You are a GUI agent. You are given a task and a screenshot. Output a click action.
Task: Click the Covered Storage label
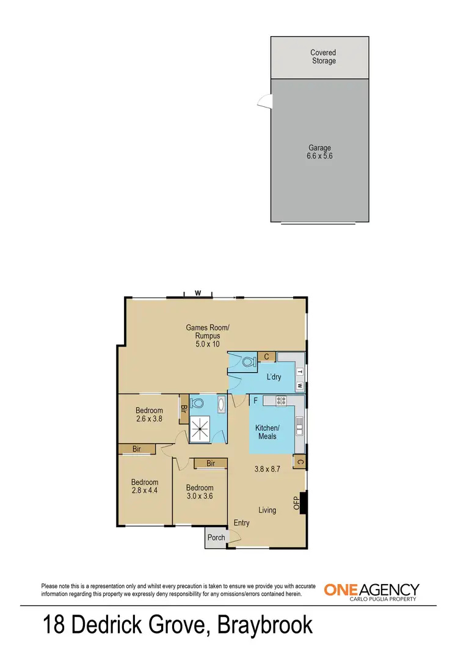pos(322,57)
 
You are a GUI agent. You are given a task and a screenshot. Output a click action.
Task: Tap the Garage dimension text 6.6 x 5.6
pos(319,156)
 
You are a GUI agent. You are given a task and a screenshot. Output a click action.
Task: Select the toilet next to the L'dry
pos(248,362)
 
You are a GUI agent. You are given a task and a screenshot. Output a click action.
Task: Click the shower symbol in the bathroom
pos(200,428)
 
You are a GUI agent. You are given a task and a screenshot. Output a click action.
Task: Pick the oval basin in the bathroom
pos(221,404)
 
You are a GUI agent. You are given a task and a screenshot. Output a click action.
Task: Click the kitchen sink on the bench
pos(299,425)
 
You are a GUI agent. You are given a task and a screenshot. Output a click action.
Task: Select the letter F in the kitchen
pos(255,401)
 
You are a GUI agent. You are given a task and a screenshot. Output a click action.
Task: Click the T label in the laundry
pos(300,371)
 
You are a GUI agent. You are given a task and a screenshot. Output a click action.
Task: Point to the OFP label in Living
pos(297,503)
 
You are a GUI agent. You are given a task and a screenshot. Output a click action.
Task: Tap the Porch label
pos(216,538)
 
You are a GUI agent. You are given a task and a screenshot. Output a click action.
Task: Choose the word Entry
pos(242,523)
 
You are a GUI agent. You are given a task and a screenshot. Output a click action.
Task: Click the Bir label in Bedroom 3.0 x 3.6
pos(211,464)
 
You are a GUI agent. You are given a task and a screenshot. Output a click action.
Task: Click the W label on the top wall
pos(198,293)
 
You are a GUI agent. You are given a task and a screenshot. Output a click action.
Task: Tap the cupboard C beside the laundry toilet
pos(267,357)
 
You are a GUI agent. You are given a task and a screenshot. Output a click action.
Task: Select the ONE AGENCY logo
pos(371,591)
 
